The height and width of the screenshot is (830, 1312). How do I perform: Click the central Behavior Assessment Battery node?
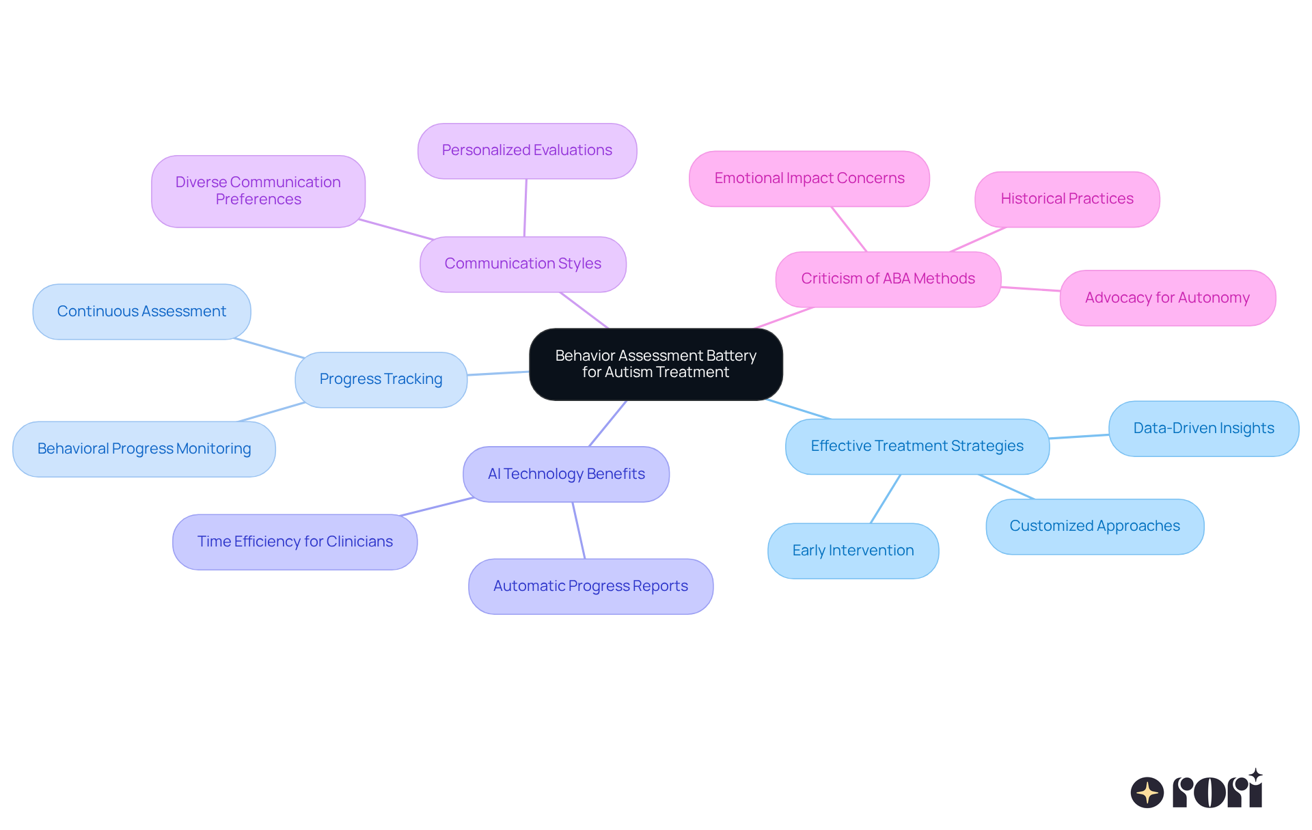(655, 364)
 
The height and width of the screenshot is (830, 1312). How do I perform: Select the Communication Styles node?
(523, 264)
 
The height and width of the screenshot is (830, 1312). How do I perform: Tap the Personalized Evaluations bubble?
(527, 151)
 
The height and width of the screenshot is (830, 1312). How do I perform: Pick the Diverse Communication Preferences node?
(258, 191)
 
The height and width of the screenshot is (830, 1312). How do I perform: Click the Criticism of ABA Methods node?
(888, 279)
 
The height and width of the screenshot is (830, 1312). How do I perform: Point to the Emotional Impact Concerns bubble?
(809, 179)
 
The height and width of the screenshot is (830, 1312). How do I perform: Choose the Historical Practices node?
(1067, 199)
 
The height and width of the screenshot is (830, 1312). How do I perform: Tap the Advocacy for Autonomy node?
(1167, 299)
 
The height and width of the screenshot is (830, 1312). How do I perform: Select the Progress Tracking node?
(381, 380)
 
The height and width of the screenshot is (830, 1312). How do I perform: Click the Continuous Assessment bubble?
(141, 312)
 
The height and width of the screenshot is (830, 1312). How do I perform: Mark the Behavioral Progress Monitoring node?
(144, 449)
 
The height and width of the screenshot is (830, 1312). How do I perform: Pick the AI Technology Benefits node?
(566, 475)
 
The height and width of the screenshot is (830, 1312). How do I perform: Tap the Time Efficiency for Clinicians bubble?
(295, 542)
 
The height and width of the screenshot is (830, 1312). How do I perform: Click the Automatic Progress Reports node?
(590, 587)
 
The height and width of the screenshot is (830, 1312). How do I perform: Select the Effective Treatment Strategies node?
(917, 447)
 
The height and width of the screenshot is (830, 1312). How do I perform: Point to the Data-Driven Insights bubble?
(1203, 429)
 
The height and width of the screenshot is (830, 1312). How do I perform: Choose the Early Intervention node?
(853, 551)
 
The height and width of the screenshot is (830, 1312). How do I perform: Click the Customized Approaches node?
(1095, 527)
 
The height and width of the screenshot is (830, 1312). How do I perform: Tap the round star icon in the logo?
(1147, 792)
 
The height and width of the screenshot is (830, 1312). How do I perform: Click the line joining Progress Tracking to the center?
(498, 373)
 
